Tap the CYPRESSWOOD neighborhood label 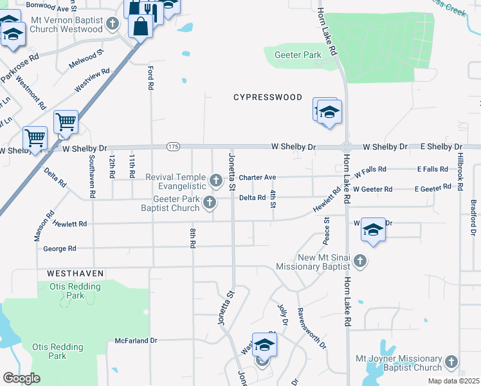click(x=268, y=97)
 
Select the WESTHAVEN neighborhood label click(x=75, y=273)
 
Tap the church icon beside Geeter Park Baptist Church click(x=209, y=203)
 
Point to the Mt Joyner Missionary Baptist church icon click(x=451, y=362)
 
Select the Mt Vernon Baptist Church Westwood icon click(x=113, y=24)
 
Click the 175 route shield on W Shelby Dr click(x=172, y=147)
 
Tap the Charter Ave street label click(x=257, y=178)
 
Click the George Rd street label click(x=59, y=248)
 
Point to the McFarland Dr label click(x=136, y=340)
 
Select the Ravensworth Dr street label click(x=312, y=328)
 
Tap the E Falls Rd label click(x=432, y=169)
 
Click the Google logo click(x=21, y=378)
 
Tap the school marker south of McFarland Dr click(x=264, y=345)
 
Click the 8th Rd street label click(x=192, y=237)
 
